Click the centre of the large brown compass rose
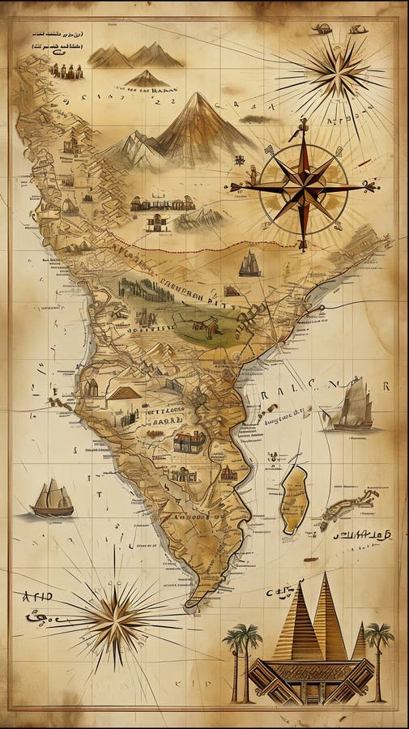click(304, 187)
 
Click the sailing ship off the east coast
click(350, 406)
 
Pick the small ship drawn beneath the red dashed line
click(249, 264)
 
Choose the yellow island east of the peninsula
click(294, 498)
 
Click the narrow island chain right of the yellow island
click(348, 507)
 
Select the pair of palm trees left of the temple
click(242, 656)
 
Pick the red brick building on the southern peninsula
click(190, 441)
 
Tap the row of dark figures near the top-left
click(67, 71)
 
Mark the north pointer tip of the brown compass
click(304, 122)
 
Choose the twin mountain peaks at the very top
click(134, 56)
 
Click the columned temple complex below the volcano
click(162, 203)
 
